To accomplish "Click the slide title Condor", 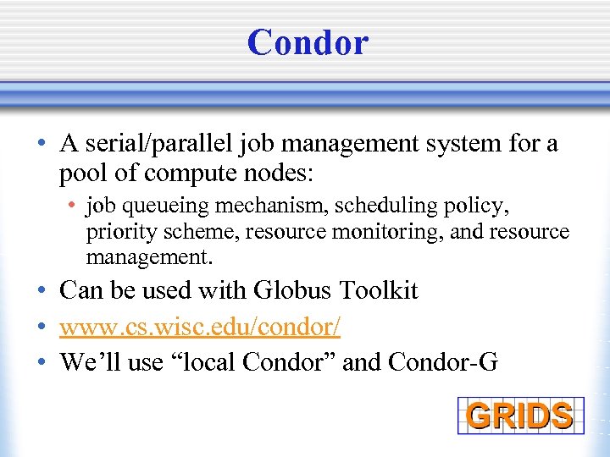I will tap(308, 42).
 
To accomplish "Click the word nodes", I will tap(279, 174).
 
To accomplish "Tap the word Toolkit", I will tap(379, 290).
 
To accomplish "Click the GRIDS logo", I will tap(519, 415).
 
